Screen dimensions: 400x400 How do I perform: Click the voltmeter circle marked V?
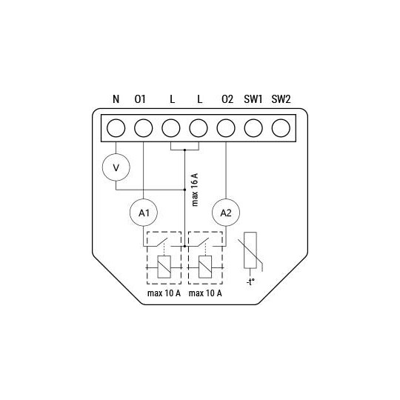coord(115,167)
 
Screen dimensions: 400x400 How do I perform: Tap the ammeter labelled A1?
coord(143,213)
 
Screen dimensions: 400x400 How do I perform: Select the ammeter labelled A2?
coord(225,213)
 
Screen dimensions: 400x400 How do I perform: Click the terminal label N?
coord(115,99)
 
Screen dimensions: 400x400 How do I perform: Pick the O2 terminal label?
coord(226,99)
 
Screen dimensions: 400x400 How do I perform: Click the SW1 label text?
coord(253,99)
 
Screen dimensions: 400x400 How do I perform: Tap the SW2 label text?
coord(281,99)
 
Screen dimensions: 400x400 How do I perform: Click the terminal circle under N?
coord(116,127)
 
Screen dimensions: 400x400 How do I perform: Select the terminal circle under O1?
coord(143,127)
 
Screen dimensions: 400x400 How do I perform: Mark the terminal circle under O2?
coord(225,127)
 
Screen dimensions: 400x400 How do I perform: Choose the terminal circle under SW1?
coord(253,127)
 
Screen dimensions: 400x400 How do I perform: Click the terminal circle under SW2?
coord(280,127)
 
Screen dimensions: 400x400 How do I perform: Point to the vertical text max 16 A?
coord(195,189)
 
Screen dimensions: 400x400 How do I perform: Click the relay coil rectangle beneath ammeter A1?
coord(164,266)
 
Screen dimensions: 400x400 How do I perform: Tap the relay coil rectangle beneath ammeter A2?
coord(207,266)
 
